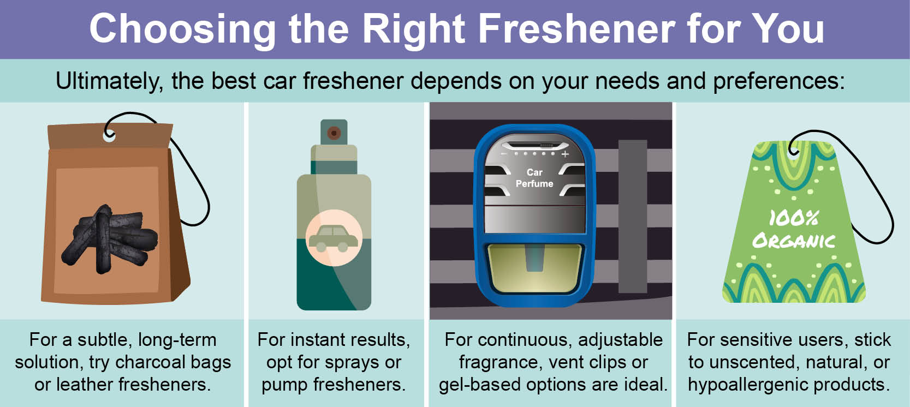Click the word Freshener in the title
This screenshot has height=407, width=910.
[x=577, y=28]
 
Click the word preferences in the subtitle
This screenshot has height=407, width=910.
[x=779, y=81]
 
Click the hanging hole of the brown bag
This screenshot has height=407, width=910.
[x=109, y=136]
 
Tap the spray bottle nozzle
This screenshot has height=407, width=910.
[x=334, y=133]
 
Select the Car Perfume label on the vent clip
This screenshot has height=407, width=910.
[x=534, y=178]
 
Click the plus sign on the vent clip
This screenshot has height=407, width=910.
[x=565, y=154]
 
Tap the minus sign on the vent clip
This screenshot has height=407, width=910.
[x=504, y=154]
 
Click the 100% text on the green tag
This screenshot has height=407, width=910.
[x=793, y=219]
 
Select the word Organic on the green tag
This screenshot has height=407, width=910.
[x=793, y=241]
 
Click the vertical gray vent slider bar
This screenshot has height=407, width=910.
[x=633, y=216]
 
